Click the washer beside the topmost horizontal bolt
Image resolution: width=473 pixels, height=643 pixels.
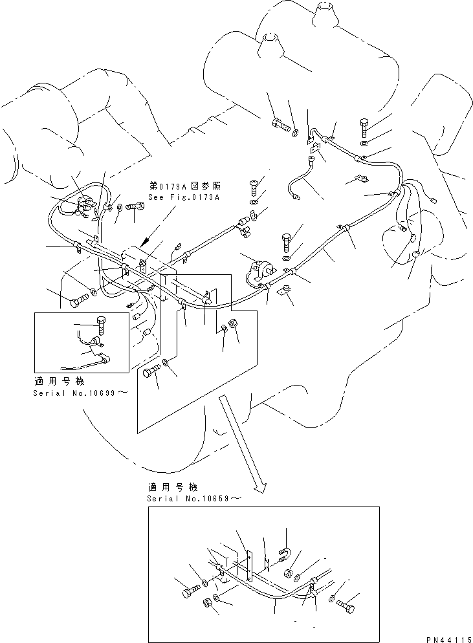pyautogui.click(x=295, y=133)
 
